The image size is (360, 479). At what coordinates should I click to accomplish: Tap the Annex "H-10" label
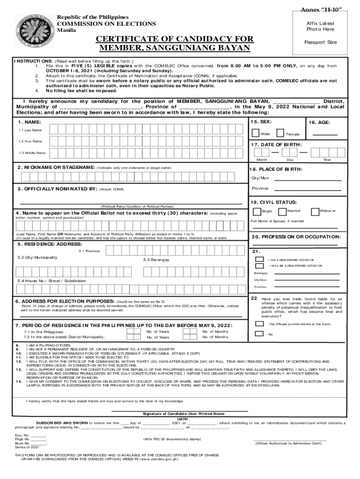(320, 10)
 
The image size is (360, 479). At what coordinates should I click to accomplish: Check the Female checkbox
(280, 134)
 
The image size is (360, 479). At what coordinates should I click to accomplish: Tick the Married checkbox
(284, 211)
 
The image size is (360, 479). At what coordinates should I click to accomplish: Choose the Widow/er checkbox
(315, 211)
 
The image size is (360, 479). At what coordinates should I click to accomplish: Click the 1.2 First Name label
(30, 141)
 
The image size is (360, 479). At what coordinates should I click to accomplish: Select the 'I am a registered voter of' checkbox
(259, 259)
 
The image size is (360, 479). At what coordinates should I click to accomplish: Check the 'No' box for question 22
(259, 334)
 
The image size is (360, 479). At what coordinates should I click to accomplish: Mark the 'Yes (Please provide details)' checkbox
(259, 323)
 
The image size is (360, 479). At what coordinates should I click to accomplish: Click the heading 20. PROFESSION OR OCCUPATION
(296, 237)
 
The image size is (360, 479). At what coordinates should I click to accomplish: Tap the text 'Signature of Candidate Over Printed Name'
(183, 414)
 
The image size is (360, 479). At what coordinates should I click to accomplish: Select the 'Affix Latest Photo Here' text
(320, 26)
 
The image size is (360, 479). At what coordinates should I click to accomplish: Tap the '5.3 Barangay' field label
(156, 260)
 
